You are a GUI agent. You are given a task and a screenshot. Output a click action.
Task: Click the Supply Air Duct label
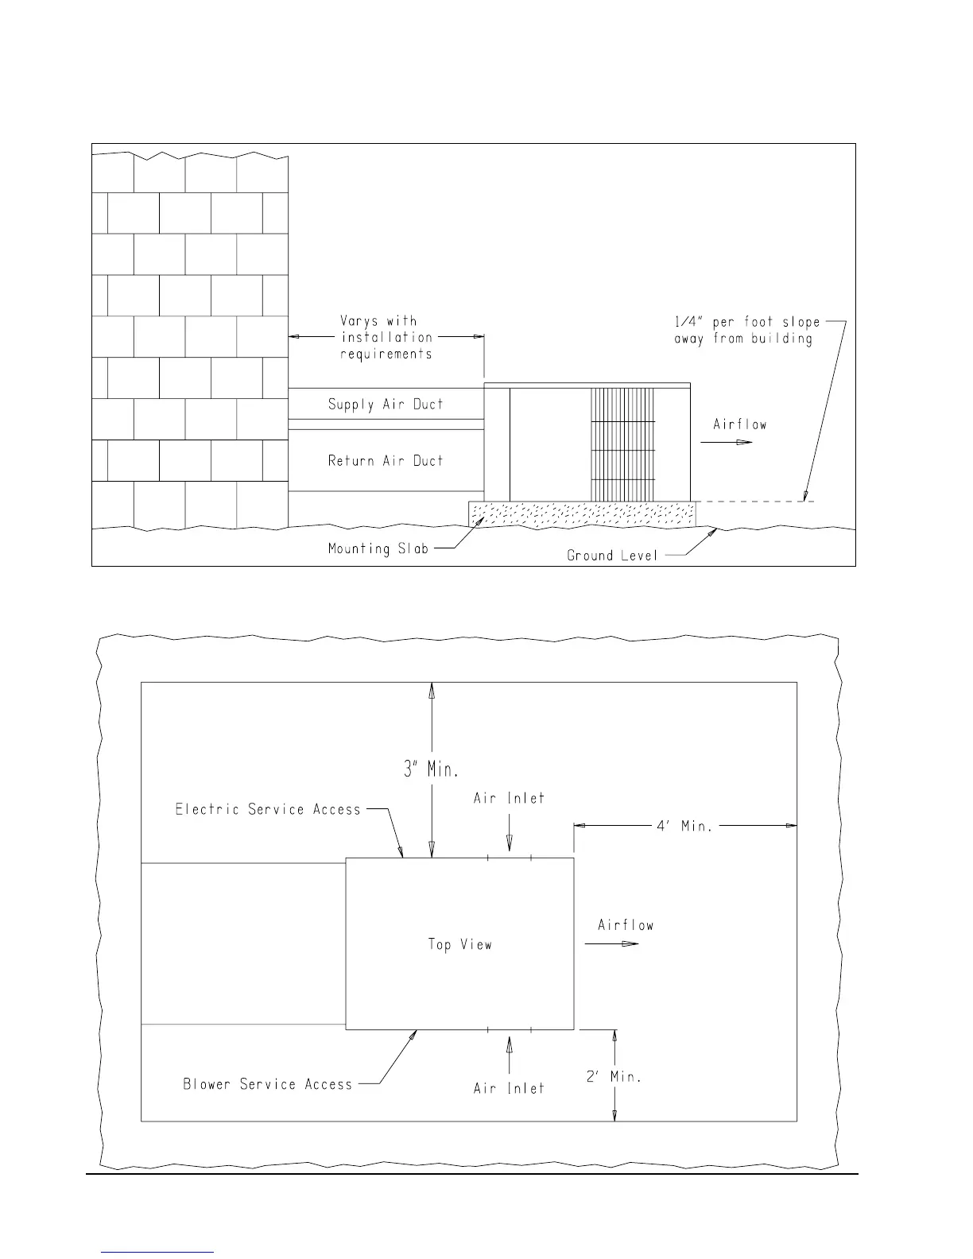386,404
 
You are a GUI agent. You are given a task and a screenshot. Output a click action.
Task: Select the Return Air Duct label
386,460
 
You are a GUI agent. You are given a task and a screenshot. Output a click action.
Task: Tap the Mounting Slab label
378,548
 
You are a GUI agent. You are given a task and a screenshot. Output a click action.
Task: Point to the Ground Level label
612,556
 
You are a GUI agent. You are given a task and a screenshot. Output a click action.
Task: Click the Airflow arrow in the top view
611,943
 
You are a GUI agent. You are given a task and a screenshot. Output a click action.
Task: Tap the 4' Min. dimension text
684,826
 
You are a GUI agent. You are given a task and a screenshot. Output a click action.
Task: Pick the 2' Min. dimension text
614,1076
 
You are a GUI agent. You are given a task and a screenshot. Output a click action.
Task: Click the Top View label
459,944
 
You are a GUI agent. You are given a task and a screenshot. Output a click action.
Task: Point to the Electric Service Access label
268,809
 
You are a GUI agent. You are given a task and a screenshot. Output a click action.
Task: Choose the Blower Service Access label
267,1084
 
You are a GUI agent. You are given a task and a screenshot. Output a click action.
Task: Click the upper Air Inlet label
509,798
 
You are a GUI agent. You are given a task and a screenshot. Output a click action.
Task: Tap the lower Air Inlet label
509,1088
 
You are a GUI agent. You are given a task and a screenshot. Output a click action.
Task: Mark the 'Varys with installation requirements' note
386,337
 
